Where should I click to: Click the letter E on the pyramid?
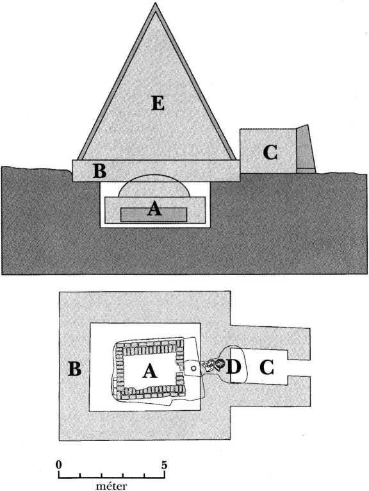point(158,103)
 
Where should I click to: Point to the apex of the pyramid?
point(155,3)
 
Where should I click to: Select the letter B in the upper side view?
point(99,171)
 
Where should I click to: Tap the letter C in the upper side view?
point(270,153)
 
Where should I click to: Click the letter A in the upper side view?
point(154,208)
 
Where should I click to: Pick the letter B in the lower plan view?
point(75,369)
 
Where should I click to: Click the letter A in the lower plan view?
point(150,371)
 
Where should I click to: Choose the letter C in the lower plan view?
point(266,368)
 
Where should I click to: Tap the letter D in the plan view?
point(233,367)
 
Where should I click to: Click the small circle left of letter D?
point(193,368)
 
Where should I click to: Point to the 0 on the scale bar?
point(58,465)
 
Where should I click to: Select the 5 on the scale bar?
point(164,465)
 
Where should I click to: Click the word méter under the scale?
point(111,486)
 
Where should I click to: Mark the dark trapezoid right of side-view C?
point(306,149)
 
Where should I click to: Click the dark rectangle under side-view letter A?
point(154,215)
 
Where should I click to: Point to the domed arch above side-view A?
point(154,175)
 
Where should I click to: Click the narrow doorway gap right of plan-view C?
point(299,368)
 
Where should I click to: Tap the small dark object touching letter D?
point(220,363)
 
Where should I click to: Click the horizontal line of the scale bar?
point(111,478)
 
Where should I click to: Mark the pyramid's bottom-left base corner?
point(78,160)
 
